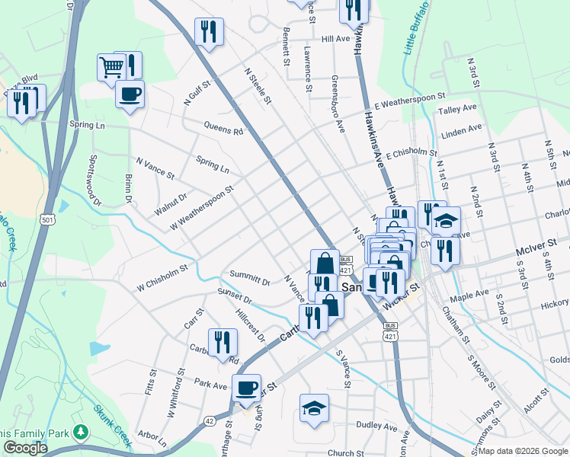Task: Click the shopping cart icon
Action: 111,67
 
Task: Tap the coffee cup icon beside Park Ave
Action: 246,388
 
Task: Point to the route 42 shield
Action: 209,420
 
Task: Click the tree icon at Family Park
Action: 81,433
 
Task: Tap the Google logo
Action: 25,448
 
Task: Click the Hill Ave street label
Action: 335,38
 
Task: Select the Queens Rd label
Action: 223,129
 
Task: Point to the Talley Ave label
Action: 457,110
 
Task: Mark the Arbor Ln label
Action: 153,438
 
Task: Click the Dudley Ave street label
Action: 377,427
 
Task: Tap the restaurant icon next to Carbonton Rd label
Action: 222,343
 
